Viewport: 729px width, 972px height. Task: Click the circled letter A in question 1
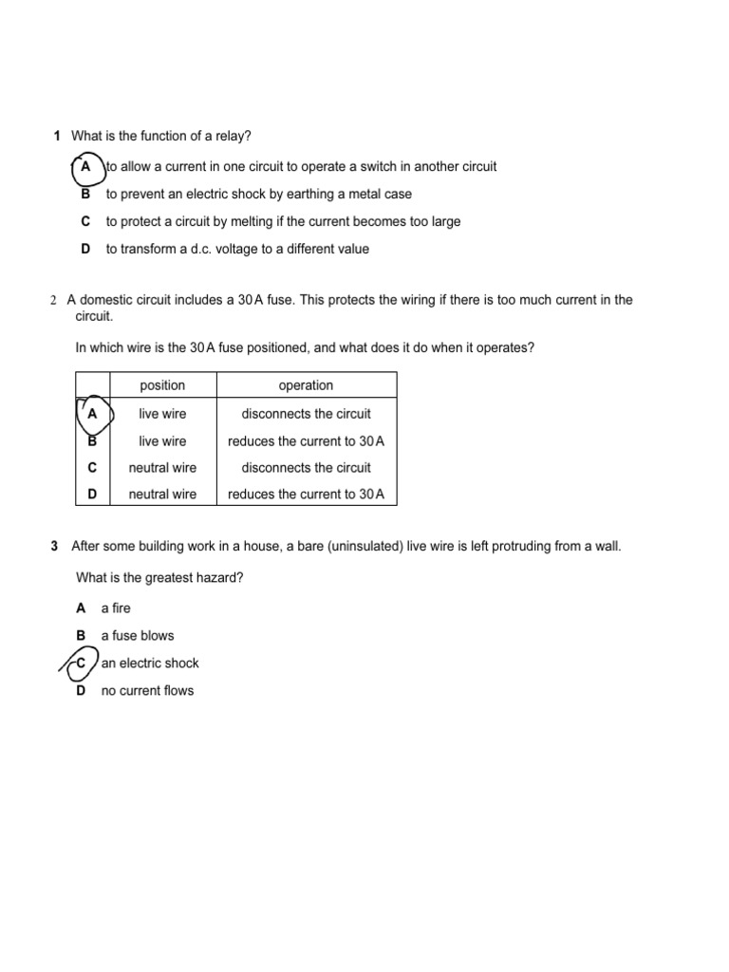tap(86, 167)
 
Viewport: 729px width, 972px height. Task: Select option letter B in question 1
tap(85, 194)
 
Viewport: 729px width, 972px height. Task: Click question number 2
tap(53, 300)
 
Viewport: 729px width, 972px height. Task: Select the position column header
tap(162, 385)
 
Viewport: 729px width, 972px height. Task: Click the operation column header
tap(306, 385)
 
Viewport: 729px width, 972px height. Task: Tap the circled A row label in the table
tap(92, 414)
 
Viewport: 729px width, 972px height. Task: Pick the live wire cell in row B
tap(162, 441)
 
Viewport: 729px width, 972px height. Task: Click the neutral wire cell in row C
tap(162, 468)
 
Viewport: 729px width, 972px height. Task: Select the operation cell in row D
tap(306, 495)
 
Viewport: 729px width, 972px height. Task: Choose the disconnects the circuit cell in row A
tap(306, 414)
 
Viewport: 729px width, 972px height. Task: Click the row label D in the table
tap(92, 495)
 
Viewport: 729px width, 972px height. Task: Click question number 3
tap(54, 547)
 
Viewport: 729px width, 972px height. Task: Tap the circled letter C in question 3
tap(81, 664)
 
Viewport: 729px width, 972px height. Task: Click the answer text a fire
tap(116, 608)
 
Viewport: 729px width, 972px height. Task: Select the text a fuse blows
tap(138, 636)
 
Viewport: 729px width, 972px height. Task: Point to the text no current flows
tap(147, 691)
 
